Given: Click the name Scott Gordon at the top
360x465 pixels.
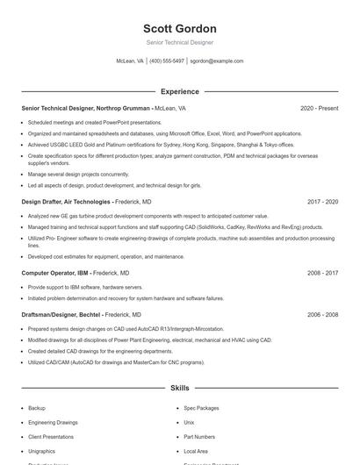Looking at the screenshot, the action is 179,27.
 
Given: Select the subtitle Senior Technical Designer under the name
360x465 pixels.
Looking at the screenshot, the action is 179,42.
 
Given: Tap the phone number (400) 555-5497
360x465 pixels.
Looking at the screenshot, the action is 167,61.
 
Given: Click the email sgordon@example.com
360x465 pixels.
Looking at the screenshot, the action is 216,61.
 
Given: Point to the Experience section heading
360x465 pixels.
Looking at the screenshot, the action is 179,91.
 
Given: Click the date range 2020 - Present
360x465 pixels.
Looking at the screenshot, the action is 319,109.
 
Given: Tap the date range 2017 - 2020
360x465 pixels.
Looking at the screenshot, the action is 322,202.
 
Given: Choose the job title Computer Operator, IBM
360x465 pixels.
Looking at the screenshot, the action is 54,273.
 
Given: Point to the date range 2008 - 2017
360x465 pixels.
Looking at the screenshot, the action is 322,273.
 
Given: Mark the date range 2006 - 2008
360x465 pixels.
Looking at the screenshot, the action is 322,314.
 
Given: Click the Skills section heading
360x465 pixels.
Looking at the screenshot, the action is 179,387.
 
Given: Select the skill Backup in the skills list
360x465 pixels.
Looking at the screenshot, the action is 37,408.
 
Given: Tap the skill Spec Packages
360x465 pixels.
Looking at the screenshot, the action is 201,408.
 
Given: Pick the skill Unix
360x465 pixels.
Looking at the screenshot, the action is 189,422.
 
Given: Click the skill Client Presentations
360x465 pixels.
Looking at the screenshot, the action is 52,436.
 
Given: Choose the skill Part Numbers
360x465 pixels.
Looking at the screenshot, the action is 199,436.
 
